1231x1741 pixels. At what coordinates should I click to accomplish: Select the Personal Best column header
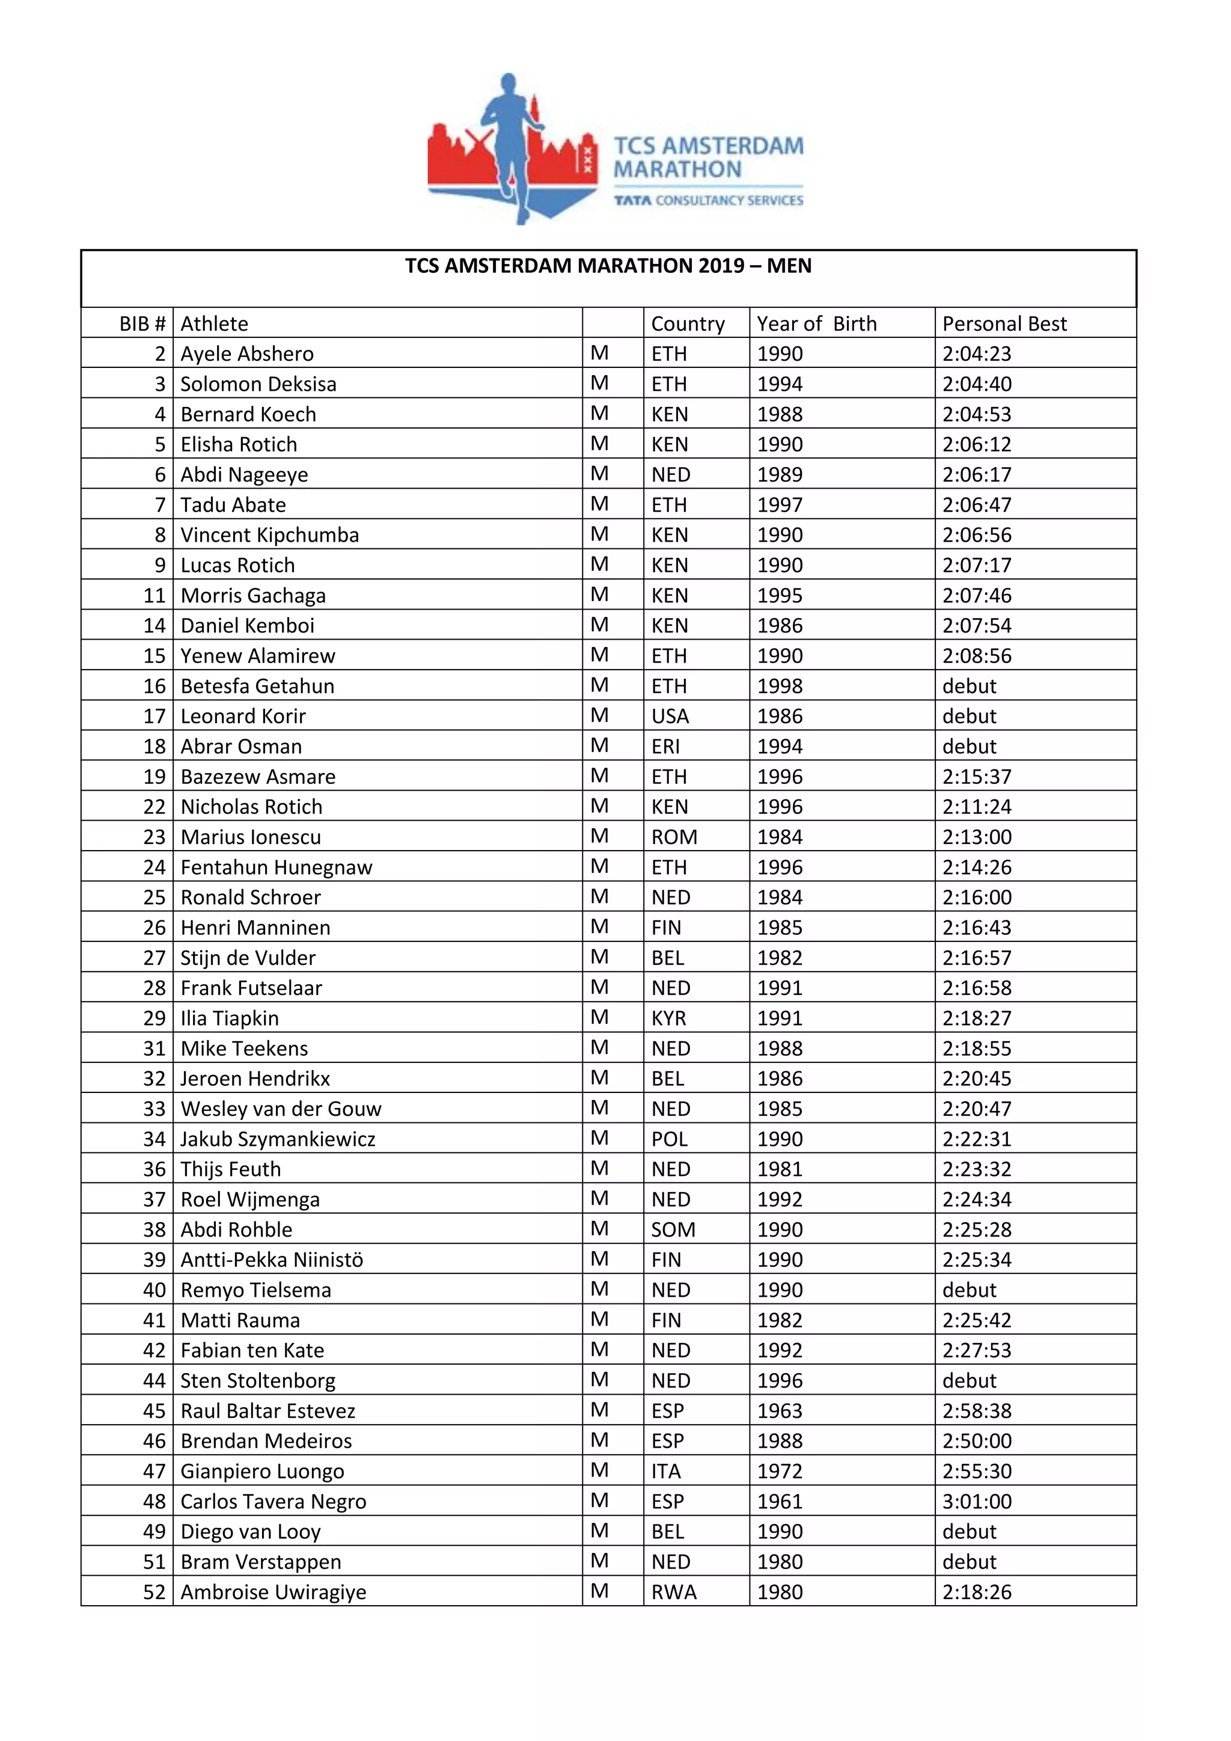coord(1004,324)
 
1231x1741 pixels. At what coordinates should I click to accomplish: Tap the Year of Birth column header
coord(816,324)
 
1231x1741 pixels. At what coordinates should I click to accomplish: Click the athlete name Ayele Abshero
coord(246,354)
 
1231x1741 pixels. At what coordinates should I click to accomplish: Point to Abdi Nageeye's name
coord(244,475)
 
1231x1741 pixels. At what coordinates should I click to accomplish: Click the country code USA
coord(670,717)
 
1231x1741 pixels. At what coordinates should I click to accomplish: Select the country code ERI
coord(665,747)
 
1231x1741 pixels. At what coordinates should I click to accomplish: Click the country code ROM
coord(674,837)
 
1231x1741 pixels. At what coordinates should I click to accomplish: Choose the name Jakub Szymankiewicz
coord(278,1139)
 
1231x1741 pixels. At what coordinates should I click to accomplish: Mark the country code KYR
coord(668,1018)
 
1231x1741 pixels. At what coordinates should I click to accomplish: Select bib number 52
coord(154,1593)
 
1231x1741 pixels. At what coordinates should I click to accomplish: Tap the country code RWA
coord(673,1593)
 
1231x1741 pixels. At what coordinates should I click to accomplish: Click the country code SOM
coord(673,1230)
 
